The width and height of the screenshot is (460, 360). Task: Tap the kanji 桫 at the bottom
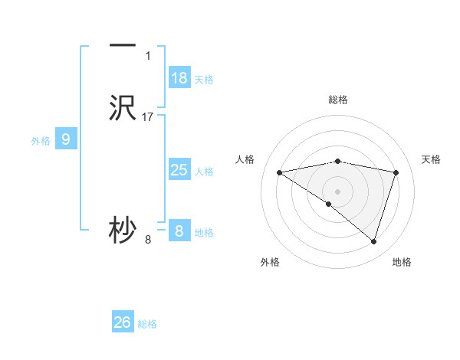coord(123,231)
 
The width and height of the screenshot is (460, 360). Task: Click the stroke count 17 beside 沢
coord(148,117)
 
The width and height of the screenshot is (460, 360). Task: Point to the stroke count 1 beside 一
coord(148,56)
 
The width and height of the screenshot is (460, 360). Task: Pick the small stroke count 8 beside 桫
coord(148,240)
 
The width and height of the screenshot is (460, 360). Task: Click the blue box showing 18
coord(179,78)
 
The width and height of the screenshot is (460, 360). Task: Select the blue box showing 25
coord(179,170)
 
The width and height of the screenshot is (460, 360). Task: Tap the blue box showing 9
coord(66,139)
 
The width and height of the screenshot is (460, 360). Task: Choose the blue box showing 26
coord(123,322)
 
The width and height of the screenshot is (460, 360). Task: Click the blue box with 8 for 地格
coord(179,231)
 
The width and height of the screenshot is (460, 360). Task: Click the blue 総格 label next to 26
coord(148,324)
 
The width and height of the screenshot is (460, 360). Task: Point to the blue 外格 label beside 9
coord(41,141)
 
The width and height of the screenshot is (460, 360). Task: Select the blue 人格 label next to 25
coord(205,172)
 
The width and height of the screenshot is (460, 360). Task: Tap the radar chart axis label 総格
coord(338,100)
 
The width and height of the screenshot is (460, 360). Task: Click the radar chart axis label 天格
coord(432,159)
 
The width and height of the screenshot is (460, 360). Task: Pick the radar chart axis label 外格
coord(270,262)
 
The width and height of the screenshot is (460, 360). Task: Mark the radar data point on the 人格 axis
coord(279,172)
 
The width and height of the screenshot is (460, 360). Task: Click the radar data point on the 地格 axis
coord(374,241)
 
